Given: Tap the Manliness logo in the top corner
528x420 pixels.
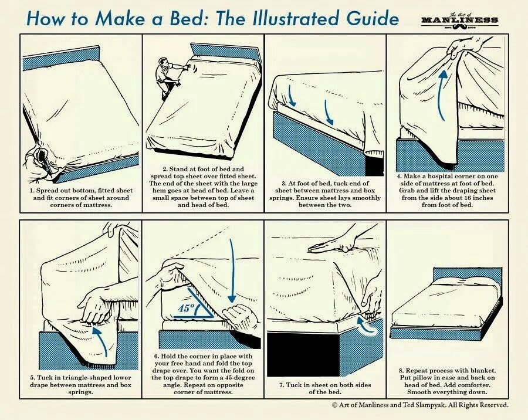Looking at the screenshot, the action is (x=460, y=21).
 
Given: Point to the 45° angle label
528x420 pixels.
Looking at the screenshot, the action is (x=187, y=308).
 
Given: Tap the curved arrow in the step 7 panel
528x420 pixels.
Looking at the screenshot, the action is (x=365, y=326).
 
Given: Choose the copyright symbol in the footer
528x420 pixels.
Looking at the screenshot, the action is (x=335, y=405).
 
